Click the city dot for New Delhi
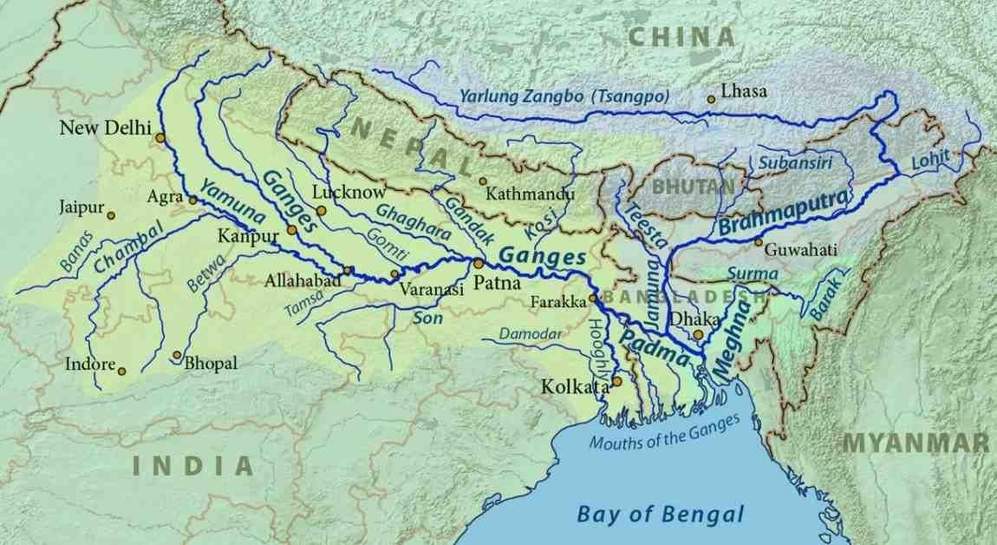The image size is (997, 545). tap(160, 137)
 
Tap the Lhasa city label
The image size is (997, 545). tap(744, 91)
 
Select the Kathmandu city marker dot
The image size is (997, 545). tap(482, 181)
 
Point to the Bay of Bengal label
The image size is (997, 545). tap(661, 513)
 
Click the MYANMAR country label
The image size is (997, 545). tap(916, 443)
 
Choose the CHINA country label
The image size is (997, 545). tap(681, 36)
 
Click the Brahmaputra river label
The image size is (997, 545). tap(783, 211)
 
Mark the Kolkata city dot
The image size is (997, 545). tap(616, 380)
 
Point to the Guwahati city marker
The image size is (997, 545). tap(758, 242)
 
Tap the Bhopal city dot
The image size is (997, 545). tap(176, 355)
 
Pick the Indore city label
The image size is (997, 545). tap(90, 364)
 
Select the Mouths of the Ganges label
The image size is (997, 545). tap(665, 431)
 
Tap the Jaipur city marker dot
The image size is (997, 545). tap(111, 214)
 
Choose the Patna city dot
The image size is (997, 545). tap(477, 263)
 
